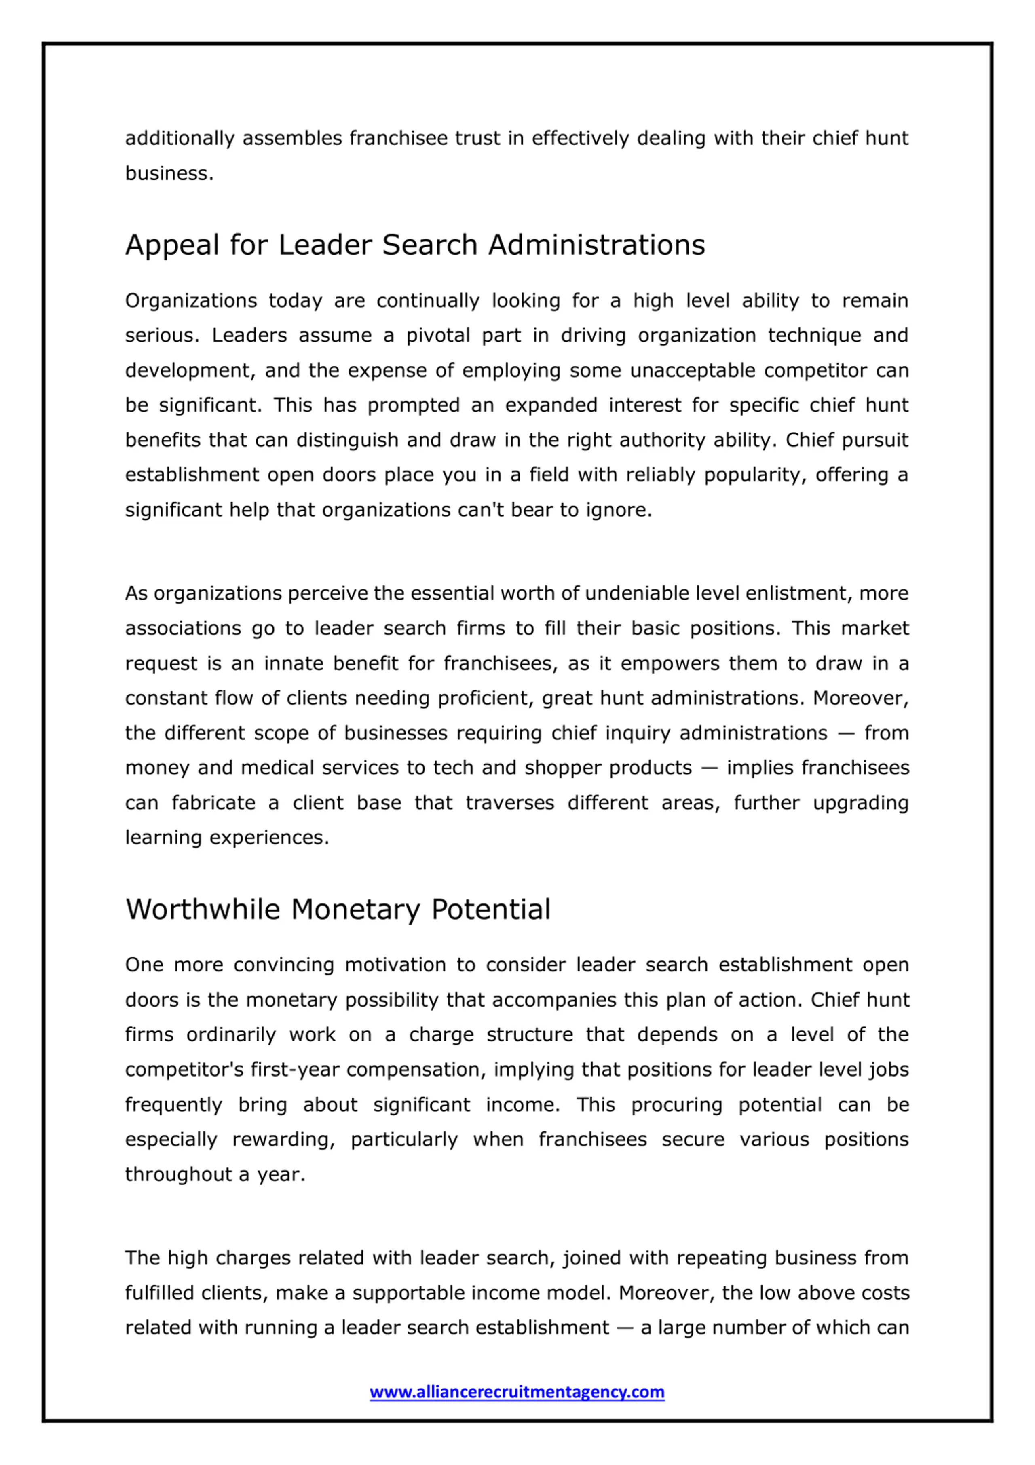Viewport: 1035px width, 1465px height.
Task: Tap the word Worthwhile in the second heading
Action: (x=202, y=910)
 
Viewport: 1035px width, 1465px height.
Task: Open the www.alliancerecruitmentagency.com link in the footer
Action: (x=517, y=1391)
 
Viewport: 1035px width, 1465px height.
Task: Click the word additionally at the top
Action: (x=180, y=139)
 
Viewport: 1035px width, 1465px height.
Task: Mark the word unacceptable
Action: (x=692, y=371)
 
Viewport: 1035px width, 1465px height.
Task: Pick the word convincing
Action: (x=283, y=965)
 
